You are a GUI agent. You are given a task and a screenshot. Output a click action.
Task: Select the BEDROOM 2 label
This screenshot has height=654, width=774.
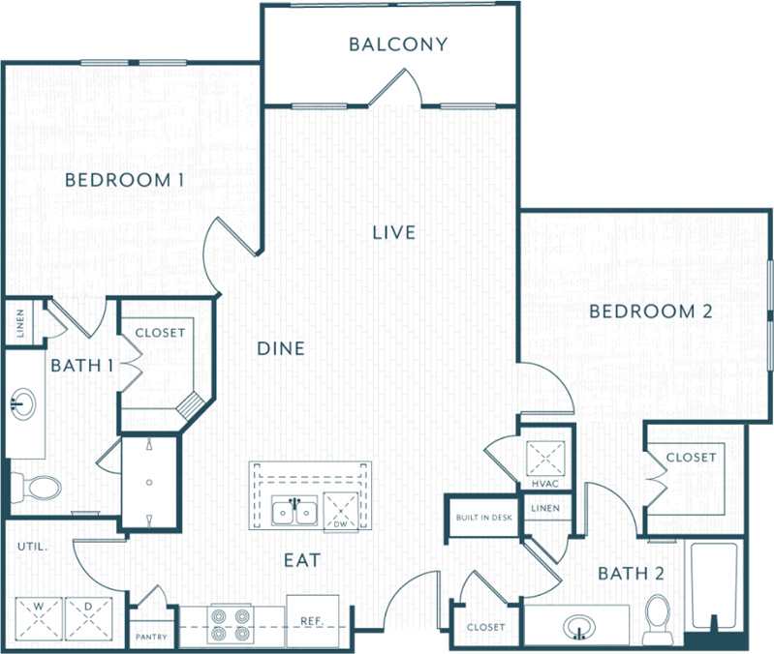pyautogui.click(x=650, y=311)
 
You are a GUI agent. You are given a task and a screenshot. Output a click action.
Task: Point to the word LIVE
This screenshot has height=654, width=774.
pyautogui.click(x=394, y=232)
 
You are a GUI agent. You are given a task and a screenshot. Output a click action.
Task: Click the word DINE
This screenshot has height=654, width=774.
pyautogui.click(x=281, y=348)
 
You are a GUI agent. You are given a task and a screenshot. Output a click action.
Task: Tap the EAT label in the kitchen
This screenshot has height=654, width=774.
pyautogui.click(x=302, y=560)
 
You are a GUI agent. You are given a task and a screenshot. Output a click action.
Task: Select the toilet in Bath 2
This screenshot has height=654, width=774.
pyautogui.click(x=658, y=613)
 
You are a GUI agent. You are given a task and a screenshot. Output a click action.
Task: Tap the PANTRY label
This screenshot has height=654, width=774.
pyautogui.click(x=150, y=638)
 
